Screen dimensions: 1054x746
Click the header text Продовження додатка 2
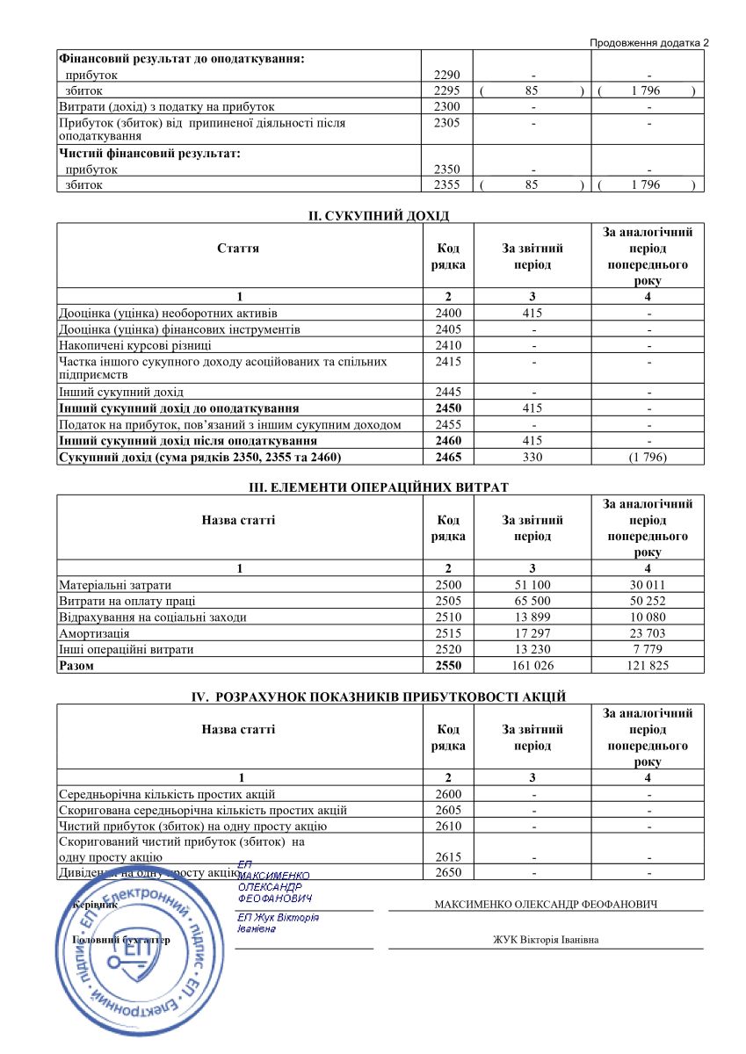pyautogui.click(x=648, y=42)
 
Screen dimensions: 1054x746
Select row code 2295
pyautogui.click(x=448, y=90)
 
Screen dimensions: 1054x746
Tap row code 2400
pyautogui.click(x=448, y=314)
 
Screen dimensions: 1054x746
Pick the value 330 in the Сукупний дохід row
pyautogui.click(x=532, y=457)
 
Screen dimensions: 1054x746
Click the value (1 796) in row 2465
pyautogui.click(x=648, y=457)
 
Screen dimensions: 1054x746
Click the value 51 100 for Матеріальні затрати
pyautogui.click(x=532, y=585)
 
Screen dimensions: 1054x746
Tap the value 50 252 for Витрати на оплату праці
pyautogui.click(x=648, y=601)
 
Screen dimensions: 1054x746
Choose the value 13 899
pyautogui.click(x=532, y=617)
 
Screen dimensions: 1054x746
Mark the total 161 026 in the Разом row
pyautogui.click(x=532, y=666)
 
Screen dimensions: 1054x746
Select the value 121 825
pyautogui.click(x=648, y=666)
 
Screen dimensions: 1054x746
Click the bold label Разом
pyautogui.click(x=76, y=666)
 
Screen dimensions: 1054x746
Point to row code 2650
pyautogui.click(x=448, y=872)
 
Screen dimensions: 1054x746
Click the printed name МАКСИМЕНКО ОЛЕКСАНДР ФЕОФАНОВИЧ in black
pyautogui.click(x=547, y=905)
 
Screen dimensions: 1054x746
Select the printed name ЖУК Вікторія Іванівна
pyautogui.click(x=547, y=941)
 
